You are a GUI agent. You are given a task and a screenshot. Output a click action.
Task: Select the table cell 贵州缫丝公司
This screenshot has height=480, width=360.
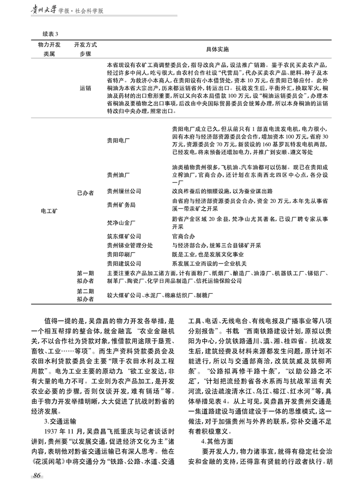point(124,192)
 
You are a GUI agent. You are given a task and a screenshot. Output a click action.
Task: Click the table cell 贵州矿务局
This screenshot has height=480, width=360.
point(121,204)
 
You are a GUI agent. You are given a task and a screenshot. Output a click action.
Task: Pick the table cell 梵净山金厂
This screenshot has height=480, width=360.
point(121,222)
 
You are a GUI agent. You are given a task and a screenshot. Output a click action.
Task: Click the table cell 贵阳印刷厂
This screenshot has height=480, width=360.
point(121,254)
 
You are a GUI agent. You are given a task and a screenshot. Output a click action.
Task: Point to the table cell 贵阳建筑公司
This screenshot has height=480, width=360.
point(124,264)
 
